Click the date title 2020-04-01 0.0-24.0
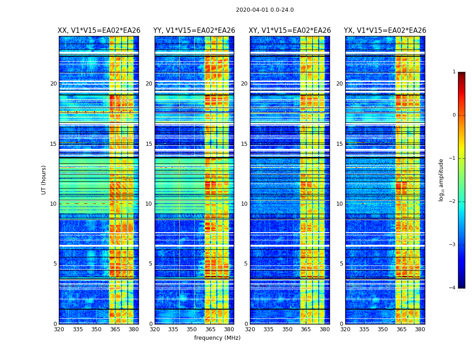(265, 10)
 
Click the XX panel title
(99, 31)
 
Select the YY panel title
(194, 31)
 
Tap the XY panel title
(290, 31)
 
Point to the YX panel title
(385, 31)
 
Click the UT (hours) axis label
(44, 180)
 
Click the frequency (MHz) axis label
(217, 338)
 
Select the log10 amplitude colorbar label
(441, 180)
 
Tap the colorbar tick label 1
(454, 72)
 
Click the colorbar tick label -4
(452, 288)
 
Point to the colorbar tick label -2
(452, 202)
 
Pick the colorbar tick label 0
(454, 115)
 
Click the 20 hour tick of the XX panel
(53, 84)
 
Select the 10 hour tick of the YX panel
(340, 204)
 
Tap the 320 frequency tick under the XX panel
(59, 329)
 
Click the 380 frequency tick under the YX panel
(420, 329)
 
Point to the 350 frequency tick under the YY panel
(192, 329)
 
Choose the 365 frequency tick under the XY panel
(306, 329)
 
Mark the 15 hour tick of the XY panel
(245, 144)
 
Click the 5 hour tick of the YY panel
(151, 264)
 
